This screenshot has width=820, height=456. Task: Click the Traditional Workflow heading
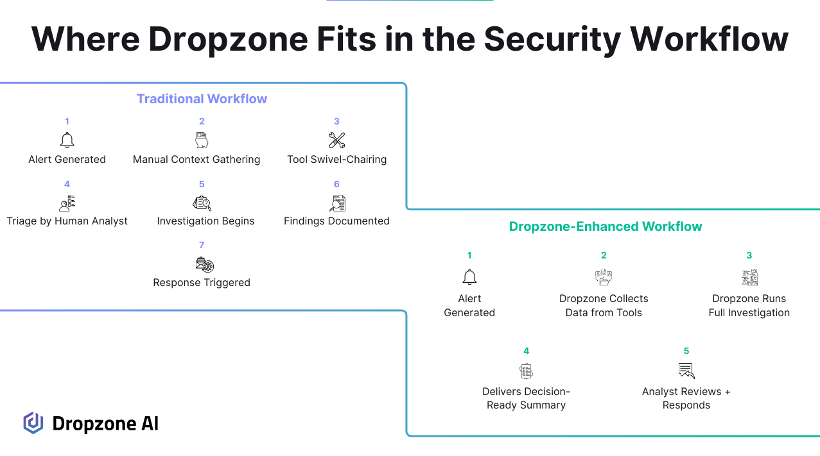202,99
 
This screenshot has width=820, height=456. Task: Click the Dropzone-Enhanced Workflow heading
606,226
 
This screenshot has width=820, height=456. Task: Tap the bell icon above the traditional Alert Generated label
67,140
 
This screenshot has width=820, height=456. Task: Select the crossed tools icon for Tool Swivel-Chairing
336,140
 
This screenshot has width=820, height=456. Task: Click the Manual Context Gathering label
196,160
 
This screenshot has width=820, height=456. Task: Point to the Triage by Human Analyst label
67,221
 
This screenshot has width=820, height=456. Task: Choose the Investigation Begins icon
202,203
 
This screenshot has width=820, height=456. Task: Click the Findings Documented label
336,221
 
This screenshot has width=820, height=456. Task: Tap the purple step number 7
202,245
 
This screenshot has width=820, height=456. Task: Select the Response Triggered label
202,283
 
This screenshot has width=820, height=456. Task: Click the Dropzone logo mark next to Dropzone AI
33,423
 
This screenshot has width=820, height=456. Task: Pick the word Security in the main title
552,39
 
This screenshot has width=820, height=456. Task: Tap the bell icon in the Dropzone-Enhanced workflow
469,277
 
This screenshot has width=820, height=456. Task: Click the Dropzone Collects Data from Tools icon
604,277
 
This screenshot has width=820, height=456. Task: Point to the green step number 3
749,255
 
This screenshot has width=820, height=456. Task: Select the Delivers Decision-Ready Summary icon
526,371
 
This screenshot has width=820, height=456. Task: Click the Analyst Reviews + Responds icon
686,371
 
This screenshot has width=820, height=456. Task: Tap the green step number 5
686,351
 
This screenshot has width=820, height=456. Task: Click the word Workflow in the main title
709,39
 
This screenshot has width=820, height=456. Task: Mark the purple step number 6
336,184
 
